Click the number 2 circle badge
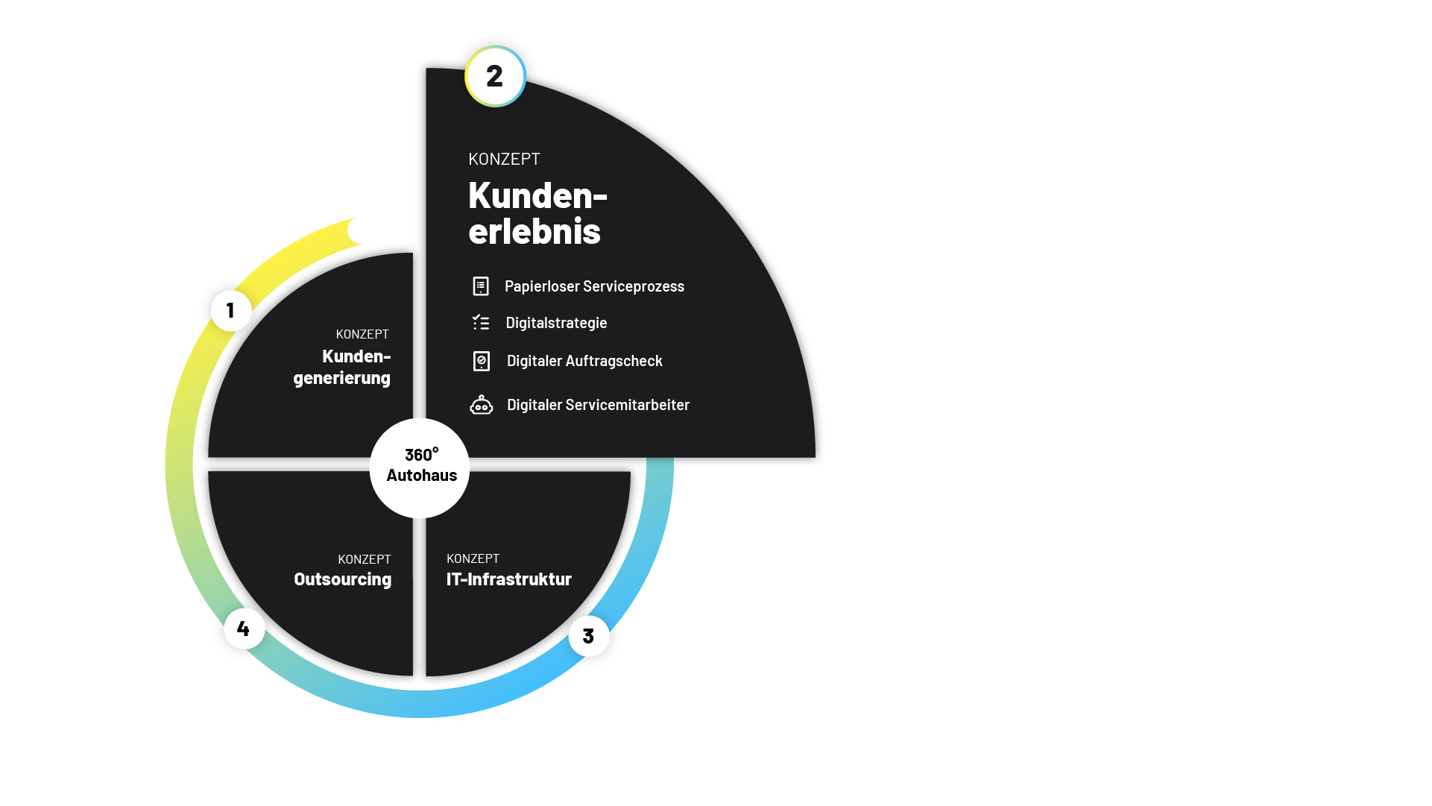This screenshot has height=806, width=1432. tap(495, 76)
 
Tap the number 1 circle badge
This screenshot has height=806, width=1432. tap(231, 310)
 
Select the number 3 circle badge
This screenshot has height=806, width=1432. tap(589, 636)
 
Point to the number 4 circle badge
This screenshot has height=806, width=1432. tap(245, 629)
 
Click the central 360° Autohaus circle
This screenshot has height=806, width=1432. tap(420, 468)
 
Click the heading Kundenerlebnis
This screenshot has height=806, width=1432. tap(537, 212)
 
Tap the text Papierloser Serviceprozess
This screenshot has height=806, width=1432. tap(594, 286)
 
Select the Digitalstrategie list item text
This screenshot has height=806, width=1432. tap(556, 323)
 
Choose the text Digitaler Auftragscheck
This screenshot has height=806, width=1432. tap(584, 361)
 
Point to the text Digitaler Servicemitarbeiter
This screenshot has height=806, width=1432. tap(598, 405)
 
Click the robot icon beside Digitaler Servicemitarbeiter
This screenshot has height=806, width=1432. tap(482, 405)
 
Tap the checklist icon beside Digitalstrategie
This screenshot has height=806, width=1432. tap(481, 322)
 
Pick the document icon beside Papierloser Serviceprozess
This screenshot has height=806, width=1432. tap(481, 286)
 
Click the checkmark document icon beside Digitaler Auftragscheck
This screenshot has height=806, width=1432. tap(482, 362)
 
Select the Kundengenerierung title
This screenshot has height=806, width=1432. tap(342, 367)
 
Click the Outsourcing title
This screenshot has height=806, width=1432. tap(342, 579)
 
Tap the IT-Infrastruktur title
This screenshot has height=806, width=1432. tap(509, 579)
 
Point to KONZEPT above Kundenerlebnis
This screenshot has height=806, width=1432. tap(504, 159)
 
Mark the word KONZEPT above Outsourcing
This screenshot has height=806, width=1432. tap(365, 559)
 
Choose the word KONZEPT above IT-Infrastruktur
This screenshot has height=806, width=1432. tap(473, 558)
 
